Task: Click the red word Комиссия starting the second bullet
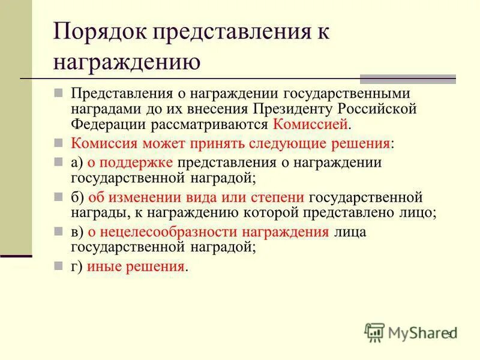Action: pyautogui.click(x=108, y=143)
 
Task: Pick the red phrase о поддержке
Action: pyautogui.click(x=131, y=163)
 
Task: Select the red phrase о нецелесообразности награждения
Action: pyautogui.click(x=208, y=232)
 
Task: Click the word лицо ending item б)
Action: pyautogui.click(x=416, y=212)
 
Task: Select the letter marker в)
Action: pyautogui.click(x=77, y=232)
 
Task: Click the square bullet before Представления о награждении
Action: pyautogui.click(x=58, y=93)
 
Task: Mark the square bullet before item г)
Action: pyautogui.click(x=58, y=266)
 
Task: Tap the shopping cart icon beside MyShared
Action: pyautogui.click(x=374, y=332)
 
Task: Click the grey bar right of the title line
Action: pyautogui.click(x=407, y=79)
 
